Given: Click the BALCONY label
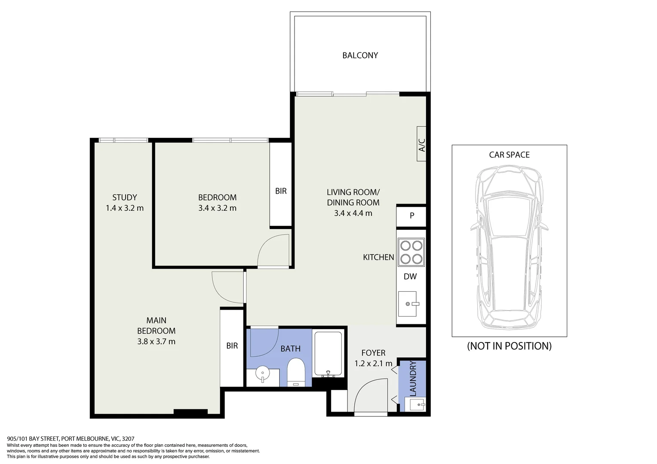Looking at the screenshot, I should coord(360,55).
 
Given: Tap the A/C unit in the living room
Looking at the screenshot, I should coord(421,144).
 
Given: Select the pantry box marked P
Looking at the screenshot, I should coord(411,216).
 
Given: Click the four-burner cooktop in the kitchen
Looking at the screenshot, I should coord(411,252).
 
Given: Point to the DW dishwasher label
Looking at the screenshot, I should coord(410,277).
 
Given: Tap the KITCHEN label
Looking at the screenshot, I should coord(378,257).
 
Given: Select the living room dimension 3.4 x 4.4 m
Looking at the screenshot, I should coord(353,213).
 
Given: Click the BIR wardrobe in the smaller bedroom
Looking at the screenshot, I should coord(281,191).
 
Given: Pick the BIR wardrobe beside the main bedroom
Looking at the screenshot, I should coord(232,346).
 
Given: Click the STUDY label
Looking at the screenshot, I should coord(125,198).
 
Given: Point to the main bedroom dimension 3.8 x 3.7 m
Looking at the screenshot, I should coord(156,342).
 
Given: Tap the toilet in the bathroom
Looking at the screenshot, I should coord(295,372).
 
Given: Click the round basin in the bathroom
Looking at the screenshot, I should coord(262,374).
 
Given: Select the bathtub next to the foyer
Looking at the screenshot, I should coord(328,354).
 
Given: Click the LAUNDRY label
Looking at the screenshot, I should coord(413,379).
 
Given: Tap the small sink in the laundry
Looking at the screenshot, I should coord(417,404).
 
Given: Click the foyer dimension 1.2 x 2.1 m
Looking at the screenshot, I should coord(373,363).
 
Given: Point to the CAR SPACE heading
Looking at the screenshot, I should coord(509,155).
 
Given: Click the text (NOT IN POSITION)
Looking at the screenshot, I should coord(509,346).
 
